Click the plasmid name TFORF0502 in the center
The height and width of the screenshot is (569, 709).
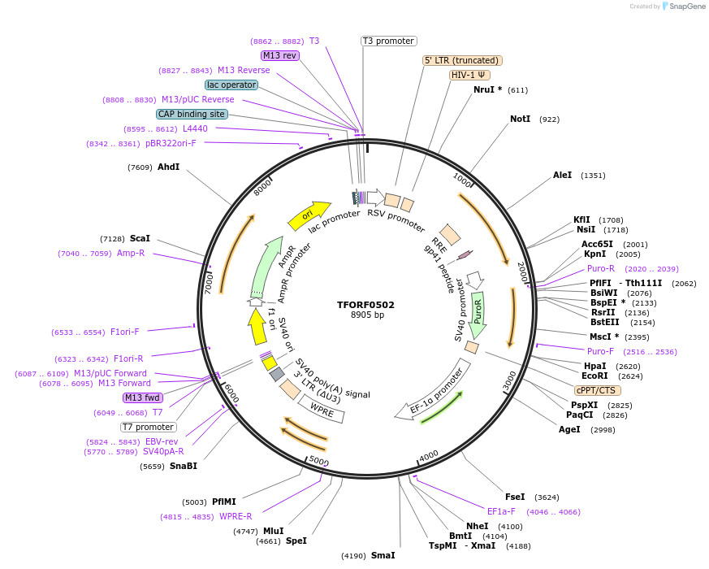[365, 305]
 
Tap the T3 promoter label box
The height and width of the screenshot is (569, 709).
[388, 41]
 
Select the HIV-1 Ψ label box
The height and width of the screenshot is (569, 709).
[469, 75]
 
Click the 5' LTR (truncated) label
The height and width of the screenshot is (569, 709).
[462, 60]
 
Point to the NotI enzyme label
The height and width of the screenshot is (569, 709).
[520, 119]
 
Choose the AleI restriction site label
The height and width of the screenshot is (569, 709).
[562, 175]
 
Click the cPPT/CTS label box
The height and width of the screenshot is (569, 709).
[595, 390]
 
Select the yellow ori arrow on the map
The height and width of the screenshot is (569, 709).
[309, 215]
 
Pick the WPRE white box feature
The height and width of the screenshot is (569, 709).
[322, 411]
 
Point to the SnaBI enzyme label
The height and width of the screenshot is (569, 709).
[183, 466]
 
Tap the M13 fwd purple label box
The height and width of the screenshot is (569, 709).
[142, 397]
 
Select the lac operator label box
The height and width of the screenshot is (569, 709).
[231, 85]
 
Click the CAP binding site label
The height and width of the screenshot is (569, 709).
[192, 114]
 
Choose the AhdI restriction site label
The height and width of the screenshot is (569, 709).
[168, 167]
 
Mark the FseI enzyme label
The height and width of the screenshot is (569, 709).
[515, 497]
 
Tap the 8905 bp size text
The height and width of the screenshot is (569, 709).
[367, 315]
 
